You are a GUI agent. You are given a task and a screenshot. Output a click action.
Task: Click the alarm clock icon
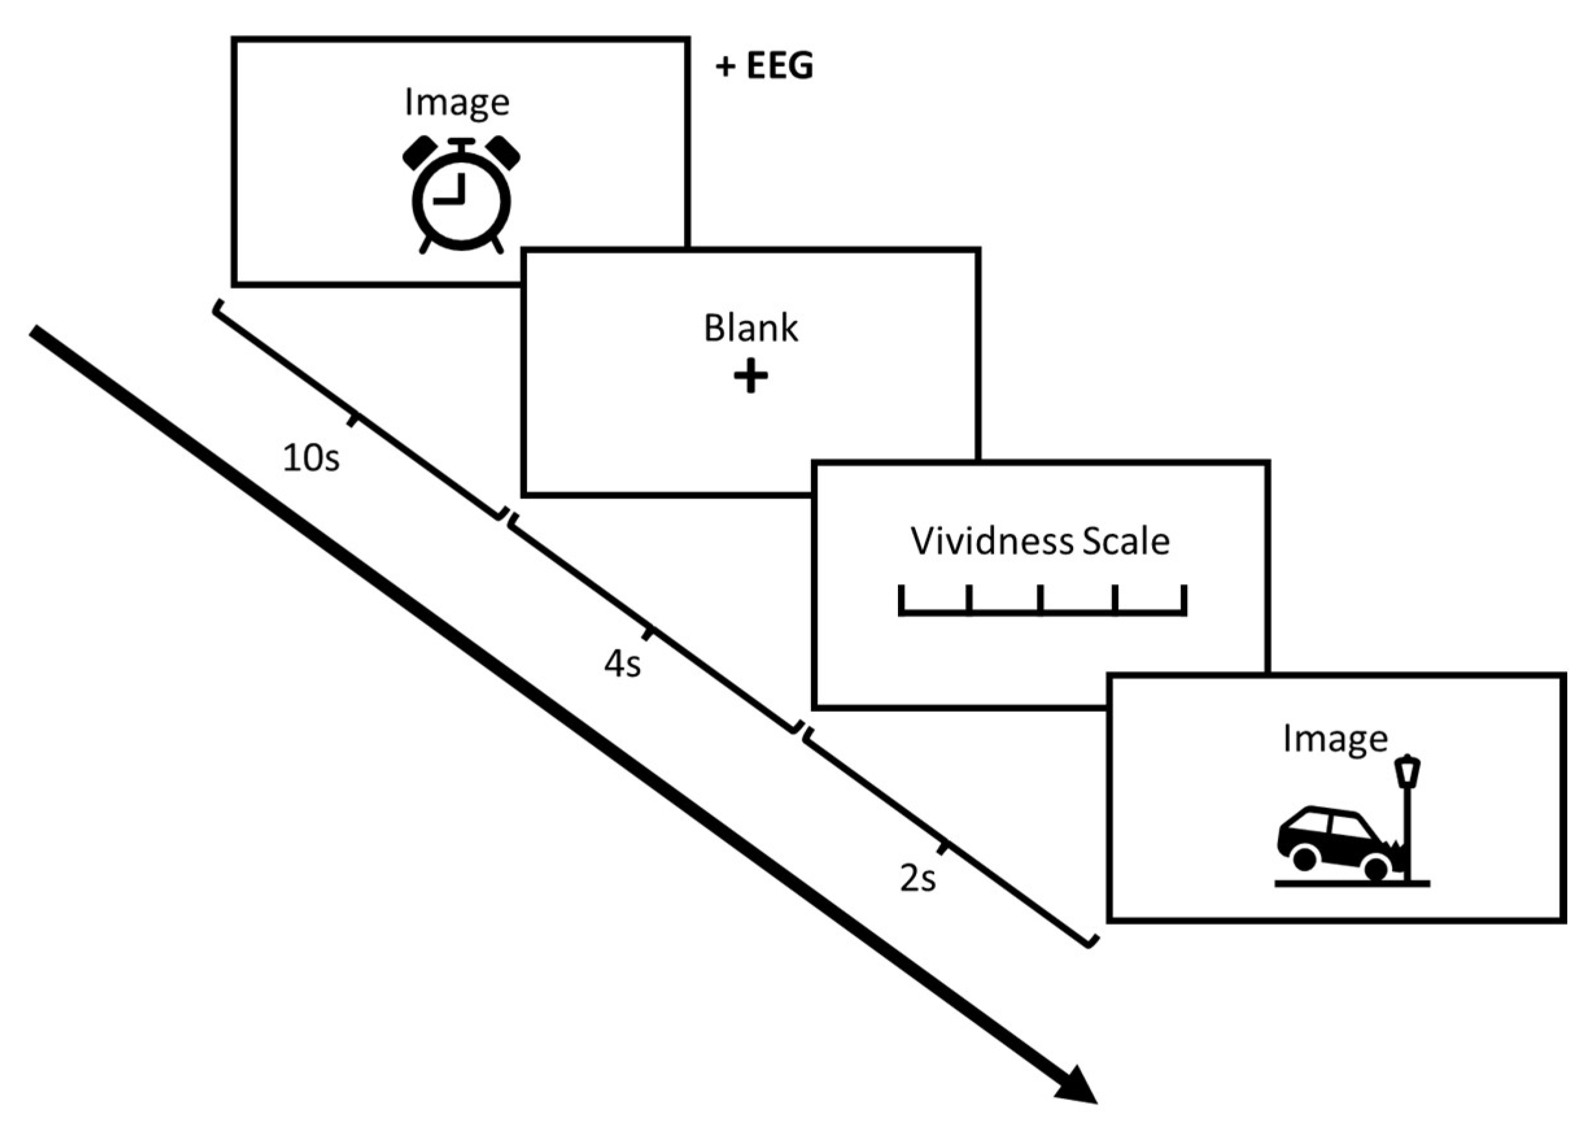tap(462, 196)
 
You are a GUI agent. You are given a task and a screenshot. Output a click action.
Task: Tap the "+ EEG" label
tap(764, 67)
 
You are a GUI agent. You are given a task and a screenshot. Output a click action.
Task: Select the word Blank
tap(751, 328)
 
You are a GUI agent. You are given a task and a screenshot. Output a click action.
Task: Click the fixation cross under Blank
tap(751, 378)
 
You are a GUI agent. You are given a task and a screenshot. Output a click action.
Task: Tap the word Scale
tap(1126, 541)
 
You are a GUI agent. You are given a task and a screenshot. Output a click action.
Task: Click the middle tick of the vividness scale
tap(1040, 599)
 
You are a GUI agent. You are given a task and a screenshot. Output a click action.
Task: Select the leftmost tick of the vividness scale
tap(902, 599)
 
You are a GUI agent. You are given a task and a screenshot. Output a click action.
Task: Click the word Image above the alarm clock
tap(457, 103)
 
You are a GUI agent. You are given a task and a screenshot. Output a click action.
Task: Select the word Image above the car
tap(1335, 739)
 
